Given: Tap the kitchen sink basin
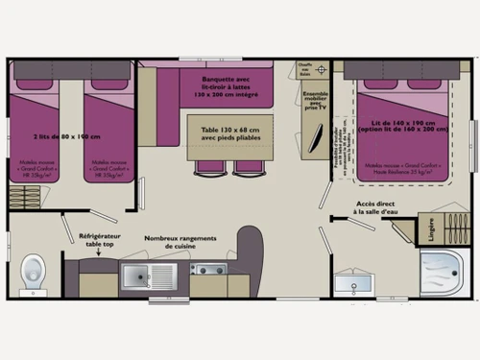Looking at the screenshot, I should pyautogui.click(x=136, y=276).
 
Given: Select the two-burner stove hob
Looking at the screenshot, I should pyautogui.click(x=207, y=269).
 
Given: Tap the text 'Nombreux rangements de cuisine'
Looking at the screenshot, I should pyautogui.click(x=179, y=242).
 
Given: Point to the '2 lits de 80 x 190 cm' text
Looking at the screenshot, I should pyautogui.click(x=66, y=137).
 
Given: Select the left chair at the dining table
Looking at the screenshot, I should pyautogui.click(x=210, y=166).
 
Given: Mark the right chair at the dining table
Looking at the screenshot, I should pyautogui.click(x=249, y=166).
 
